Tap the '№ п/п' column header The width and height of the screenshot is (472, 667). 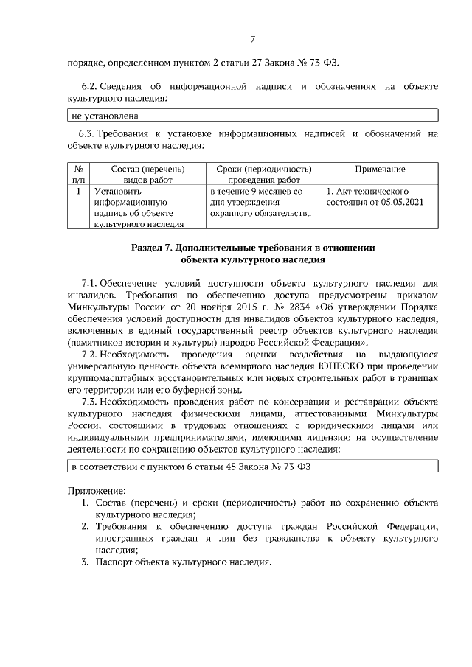tap(78, 173)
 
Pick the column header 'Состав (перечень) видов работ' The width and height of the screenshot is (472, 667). tap(136, 173)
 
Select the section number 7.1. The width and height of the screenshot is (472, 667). tap(88, 283)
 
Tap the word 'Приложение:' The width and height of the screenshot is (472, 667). tap(92, 489)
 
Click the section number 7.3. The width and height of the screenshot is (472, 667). tap(88, 402)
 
